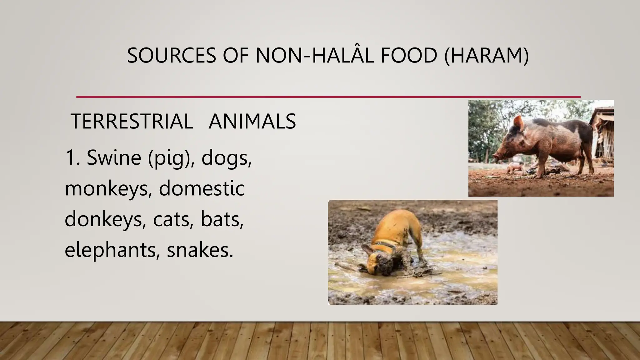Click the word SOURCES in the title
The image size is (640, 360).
click(171, 56)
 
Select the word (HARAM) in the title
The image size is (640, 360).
click(486, 56)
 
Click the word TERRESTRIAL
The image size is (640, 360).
click(132, 121)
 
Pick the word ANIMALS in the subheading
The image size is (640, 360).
click(252, 121)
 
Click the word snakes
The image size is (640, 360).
click(200, 250)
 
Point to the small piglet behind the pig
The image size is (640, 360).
click(514, 168)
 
